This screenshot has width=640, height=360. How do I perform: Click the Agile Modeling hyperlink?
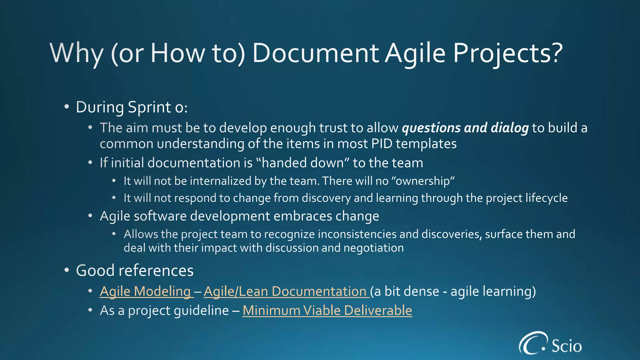point(145,291)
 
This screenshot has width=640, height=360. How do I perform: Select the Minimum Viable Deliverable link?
point(327,310)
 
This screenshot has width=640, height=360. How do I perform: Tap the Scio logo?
point(550,344)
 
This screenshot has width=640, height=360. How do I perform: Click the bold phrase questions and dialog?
point(465,128)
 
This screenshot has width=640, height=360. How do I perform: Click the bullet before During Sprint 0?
point(66,107)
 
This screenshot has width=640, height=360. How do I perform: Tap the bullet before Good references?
point(66,270)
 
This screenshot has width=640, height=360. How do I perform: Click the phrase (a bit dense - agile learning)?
point(453,291)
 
